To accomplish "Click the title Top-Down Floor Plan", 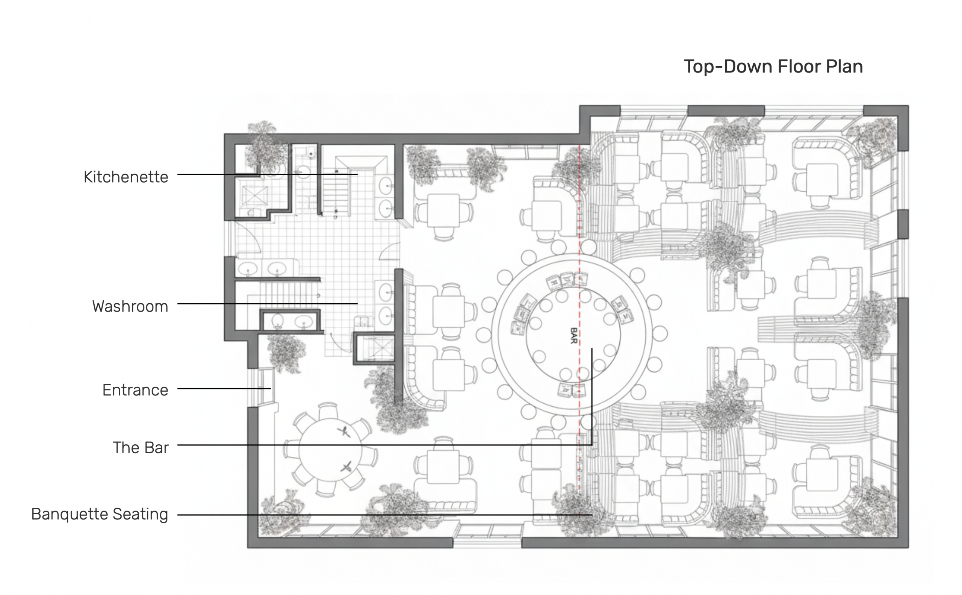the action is click(x=773, y=67).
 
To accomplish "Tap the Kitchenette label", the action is click(x=126, y=177).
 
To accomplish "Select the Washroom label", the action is click(x=130, y=306).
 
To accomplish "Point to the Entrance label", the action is click(x=135, y=390).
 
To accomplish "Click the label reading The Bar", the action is click(x=141, y=447).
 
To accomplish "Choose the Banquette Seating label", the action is click(x=100, y=514).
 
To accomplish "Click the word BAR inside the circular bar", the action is click(x=574, y=336).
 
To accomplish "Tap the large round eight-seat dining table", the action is click(x=330, y=450).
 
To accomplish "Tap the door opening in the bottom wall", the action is click(x=487, y=537).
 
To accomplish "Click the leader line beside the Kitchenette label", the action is click(x=268, y=174).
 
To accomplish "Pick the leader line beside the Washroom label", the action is click(x=268, y=303).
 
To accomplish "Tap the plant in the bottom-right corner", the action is click(x=871, y=508).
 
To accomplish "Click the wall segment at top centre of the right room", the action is click(x=726, y=111).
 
